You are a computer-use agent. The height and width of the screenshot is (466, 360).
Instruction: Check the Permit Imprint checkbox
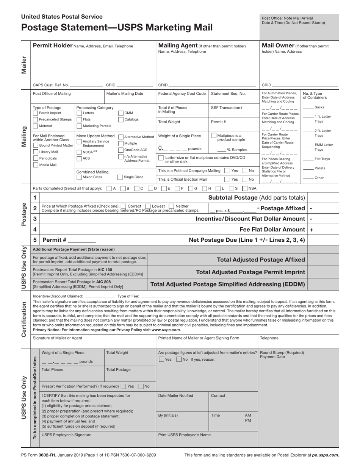[x=36, y=113]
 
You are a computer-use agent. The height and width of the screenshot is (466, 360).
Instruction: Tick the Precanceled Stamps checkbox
[x=36, y=119]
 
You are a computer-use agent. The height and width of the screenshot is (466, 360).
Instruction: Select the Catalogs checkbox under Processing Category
[x=121, y=119]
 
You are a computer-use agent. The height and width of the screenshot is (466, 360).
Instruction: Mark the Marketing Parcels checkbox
[x=79, y=126]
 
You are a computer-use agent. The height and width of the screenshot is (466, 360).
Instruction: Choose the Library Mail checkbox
[x=36, y=152]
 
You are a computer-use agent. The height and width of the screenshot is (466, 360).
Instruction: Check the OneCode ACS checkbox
[x=121, y=150]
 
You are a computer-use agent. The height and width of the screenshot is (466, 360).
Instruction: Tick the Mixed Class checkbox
[x=79, y=177]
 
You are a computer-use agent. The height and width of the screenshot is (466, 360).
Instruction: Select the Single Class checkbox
[x=120, y=177]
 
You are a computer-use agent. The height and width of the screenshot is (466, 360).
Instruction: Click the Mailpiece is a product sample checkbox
[x=214, y=136]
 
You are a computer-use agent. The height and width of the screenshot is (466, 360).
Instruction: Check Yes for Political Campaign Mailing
[x=227, y=170]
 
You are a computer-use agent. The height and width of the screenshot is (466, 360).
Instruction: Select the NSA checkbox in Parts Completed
[x=244, y=188]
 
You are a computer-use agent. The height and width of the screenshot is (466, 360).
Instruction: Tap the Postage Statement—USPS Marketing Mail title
[x=117, y=28]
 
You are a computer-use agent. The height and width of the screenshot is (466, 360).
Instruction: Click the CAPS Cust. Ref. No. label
[x=51, y=85]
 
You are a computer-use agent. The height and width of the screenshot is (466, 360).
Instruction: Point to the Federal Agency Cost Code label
[x=182, y=94]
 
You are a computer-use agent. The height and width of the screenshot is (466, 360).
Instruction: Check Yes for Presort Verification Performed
[x=124, y=386]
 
